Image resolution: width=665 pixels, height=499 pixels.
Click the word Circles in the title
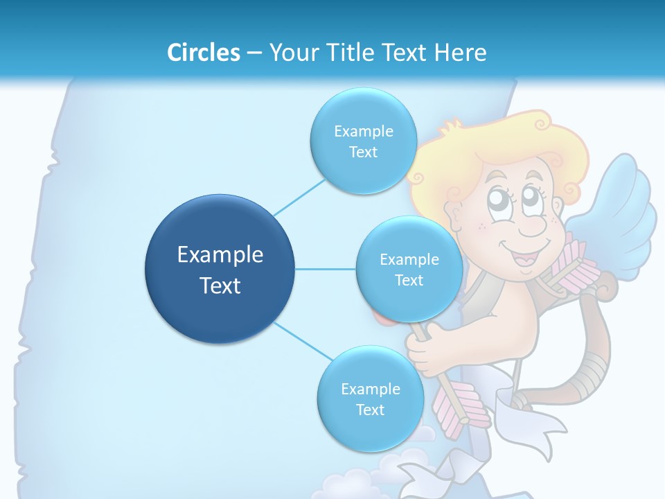point(203,53)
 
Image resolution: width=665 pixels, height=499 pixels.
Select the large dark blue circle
point(220,268)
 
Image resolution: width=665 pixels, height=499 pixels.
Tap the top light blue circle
point(363,141)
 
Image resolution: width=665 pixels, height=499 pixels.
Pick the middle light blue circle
point(409,269)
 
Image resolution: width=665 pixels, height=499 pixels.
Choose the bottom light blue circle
point(370,399)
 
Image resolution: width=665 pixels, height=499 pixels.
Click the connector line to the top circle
point(299,196)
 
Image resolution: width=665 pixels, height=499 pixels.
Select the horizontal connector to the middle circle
point(325,269)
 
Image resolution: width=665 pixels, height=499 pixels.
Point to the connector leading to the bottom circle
point(302,342)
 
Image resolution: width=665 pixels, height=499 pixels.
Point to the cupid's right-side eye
point(533,197)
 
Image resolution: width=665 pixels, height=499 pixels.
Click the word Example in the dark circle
point(220,254)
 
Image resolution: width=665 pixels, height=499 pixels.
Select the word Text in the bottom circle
point(370,410)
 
